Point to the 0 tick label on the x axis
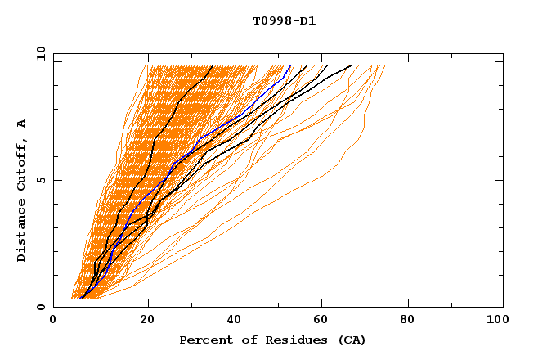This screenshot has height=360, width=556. (53, 321)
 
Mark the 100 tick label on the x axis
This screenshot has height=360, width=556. (495, 321)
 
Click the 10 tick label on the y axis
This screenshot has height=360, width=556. (39, 53)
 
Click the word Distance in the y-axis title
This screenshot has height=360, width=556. (22, 232)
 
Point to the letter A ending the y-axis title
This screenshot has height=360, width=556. (22, 124)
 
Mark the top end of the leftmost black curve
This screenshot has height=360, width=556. (212, 65)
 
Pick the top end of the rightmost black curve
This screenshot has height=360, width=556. (352, 65)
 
